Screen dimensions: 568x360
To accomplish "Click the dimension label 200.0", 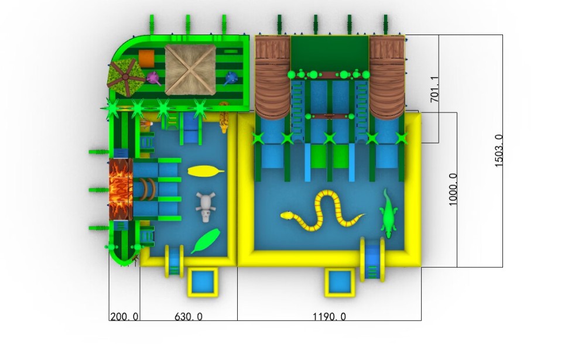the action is pos(124,317).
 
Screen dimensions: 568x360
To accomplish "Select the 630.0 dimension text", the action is pos(189,317).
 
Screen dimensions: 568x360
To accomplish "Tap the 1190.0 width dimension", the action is pos(329,317).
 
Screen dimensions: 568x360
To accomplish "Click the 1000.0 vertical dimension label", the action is pos(453,190).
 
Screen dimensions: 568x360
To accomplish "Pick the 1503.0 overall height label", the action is pos(499,150).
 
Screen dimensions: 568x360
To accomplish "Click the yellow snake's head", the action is pos(286,215).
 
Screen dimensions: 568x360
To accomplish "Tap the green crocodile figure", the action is pos(388,214).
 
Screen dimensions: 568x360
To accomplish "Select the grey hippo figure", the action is pos(206,207).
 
